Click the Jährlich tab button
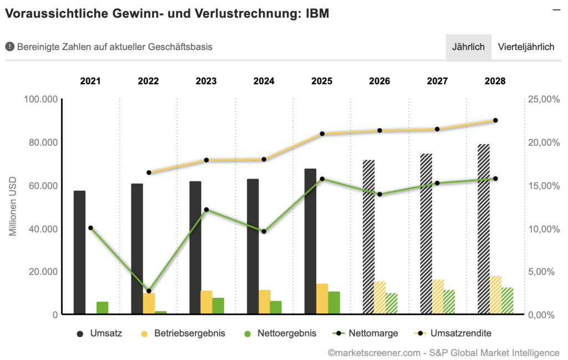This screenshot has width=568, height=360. (x=468, y=47)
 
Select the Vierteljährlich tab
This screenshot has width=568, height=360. (x=526, y=47)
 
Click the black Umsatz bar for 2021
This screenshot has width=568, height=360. (x=79, y=253)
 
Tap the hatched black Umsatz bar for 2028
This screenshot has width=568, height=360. (x=484, y=230)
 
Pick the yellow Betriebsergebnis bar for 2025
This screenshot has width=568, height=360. (x=322, y=300)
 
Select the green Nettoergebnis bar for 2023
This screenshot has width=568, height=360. (x=218, y=306)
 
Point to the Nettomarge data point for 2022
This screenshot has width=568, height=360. (x=149, y=291)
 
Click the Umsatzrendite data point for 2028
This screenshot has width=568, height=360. (x=495, y=120)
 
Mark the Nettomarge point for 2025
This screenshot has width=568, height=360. (x=322, y=179)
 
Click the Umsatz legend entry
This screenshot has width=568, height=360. (x=99, y=333)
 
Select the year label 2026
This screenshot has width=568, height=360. (x=379, y=81)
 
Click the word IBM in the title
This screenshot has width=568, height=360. (x=317, y=14)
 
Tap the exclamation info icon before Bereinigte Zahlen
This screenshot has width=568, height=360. (x=9, y=47)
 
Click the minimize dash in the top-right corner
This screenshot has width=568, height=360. (x=556, y=9)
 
